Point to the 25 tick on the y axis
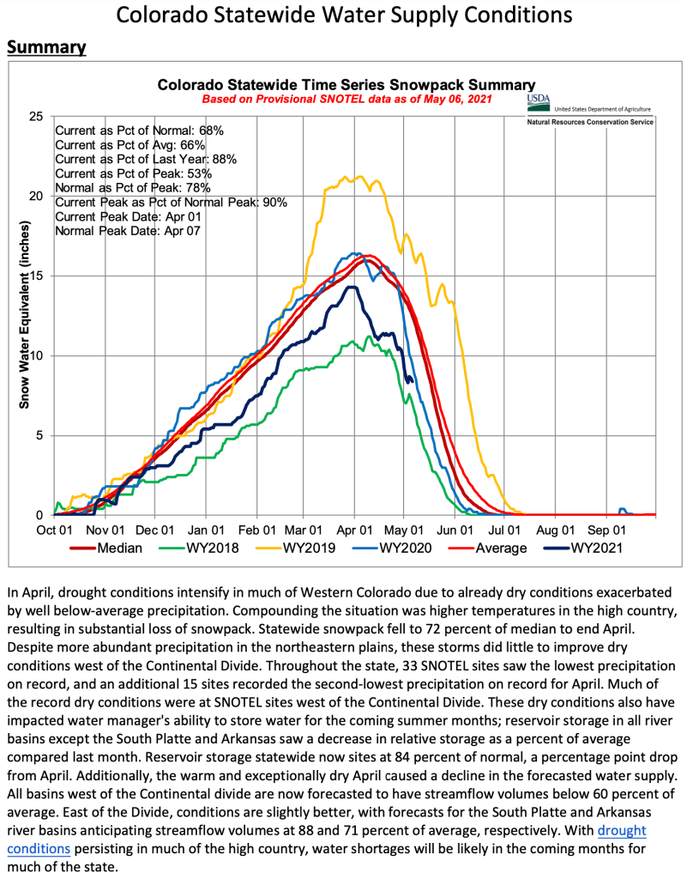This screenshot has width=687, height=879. pyautogui.click(x=37, y=116)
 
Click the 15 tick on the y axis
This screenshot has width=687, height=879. pyautogui.click(x=37, y=276)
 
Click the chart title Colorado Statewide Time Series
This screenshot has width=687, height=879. pyautogui.click(x=347, y=85)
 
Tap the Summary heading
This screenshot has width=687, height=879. pyautogui.click(x=46, y=46)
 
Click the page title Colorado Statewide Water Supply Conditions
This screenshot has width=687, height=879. pyautogui.click(x=343, y=15)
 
